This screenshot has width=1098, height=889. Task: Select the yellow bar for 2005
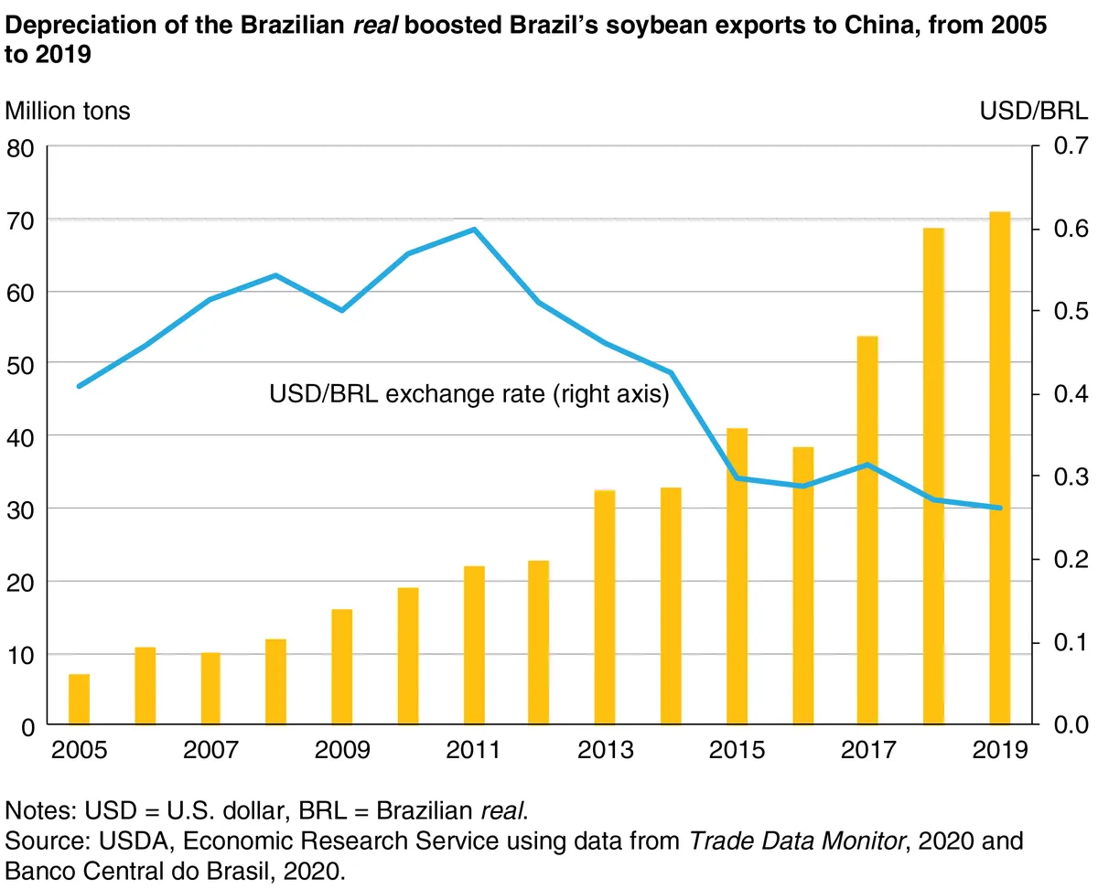click(80, 700)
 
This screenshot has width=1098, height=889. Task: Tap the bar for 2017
click(867, 530)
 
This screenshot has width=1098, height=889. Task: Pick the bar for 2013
click(605, 607)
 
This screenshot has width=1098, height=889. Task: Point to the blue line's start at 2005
click(80, 386)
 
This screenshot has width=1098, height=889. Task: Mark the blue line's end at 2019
click(999, 508)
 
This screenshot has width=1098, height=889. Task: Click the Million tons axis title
click(69, 112)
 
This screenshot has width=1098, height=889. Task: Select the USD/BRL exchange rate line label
click(469, 395)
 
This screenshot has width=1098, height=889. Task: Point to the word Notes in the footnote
click(38, 811)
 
